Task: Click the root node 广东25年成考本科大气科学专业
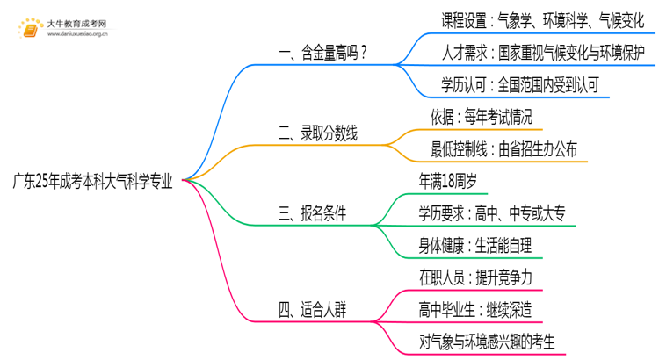coord(92,183)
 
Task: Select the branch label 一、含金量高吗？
coord(322,54)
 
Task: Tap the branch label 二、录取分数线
coord(318,133)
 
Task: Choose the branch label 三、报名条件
coord(312,213)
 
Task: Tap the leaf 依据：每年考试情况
coord(482,118)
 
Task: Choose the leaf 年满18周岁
coord(448,182)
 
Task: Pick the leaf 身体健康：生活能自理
coord(475,245)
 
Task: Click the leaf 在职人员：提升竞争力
coord(475,277)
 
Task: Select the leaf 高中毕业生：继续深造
coord(475,308)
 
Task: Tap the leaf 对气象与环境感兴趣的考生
coord(488,340)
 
